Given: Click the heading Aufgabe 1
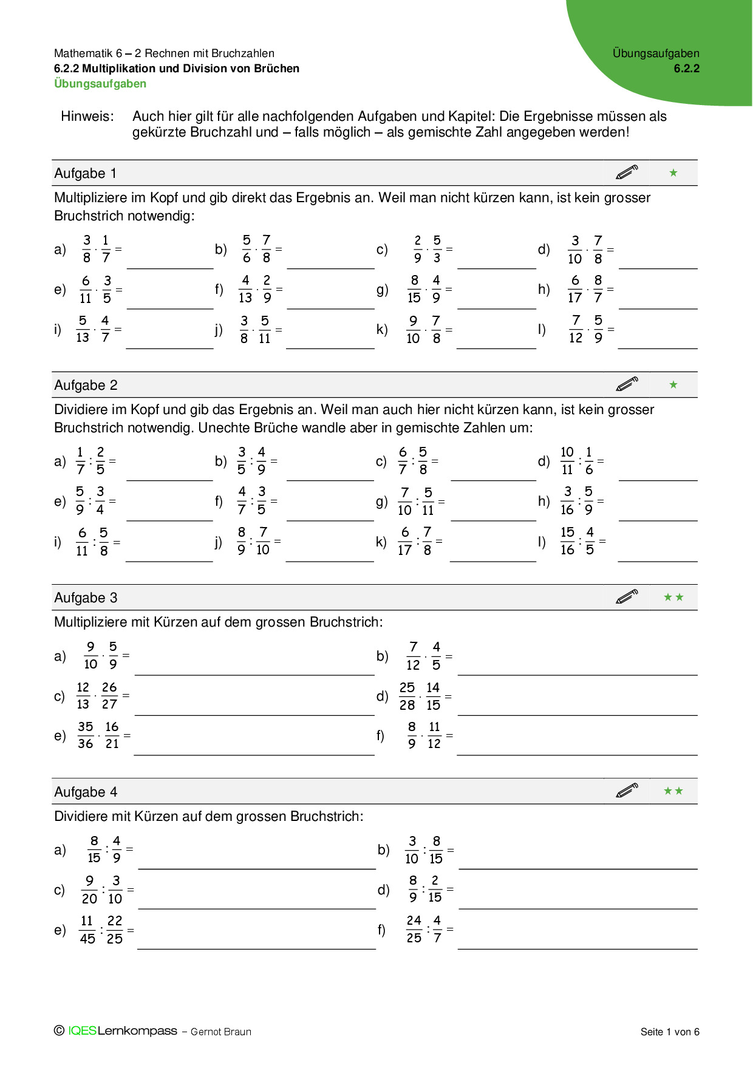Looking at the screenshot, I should click(x=85, y=174).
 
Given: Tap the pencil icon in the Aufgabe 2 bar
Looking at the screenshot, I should click(x=627, y=384).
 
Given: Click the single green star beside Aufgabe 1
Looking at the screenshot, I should click(x=673, y=173).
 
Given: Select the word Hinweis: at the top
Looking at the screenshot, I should click(x=87, y=117).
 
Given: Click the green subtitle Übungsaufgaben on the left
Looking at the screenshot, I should click(x=100, y=84).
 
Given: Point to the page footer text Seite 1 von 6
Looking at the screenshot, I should click(x=669, y=1032).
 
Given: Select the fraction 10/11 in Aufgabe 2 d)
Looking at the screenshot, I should click(x=567, y=461).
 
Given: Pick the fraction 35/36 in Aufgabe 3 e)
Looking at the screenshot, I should click(x=86, y=735).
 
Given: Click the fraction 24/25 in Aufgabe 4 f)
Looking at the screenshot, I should click(x=414, y=929).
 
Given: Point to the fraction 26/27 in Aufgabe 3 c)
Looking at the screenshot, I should click(x=109, y=695).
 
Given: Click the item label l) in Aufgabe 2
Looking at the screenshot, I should click(x=542, y=542).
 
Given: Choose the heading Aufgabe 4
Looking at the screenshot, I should click(x=86, y=792).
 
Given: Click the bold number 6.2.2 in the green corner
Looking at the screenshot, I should click(x=686, y=69).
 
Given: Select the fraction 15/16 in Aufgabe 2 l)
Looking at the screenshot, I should click(x=567, y=541).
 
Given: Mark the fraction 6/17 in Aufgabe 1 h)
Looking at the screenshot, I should click(x=575, y=289).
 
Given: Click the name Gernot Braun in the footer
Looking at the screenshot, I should click(x=220, y=1032).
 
